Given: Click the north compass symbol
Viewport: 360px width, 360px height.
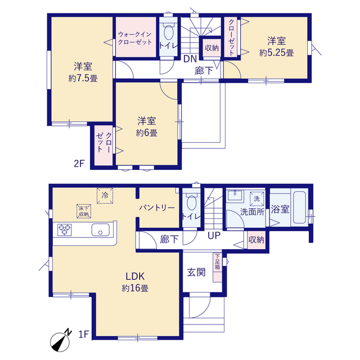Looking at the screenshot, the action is tap(60, 341).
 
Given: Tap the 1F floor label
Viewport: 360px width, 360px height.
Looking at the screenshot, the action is tap(84, 334).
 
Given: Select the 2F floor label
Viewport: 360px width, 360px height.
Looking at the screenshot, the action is tap(79, 164).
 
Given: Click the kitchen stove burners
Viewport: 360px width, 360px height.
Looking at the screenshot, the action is tap(65, 229).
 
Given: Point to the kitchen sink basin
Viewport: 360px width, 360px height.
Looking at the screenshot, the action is tap(101, 229).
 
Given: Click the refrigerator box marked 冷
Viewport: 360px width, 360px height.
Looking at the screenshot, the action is tap(105, 196).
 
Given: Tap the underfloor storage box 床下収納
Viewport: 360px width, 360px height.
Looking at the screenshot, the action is tap(84, 211).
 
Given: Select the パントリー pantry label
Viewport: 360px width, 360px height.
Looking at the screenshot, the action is tap(157, 208).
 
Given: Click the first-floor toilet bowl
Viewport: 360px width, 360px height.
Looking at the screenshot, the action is tap(192, 202).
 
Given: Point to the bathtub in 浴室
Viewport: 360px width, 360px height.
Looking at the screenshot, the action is tap(300, 208).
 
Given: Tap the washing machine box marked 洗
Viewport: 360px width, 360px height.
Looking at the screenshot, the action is tap(257, 199).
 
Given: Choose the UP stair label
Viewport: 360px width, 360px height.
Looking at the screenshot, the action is tap(214, 236).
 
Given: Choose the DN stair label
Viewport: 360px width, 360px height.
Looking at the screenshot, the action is tap(190, 59).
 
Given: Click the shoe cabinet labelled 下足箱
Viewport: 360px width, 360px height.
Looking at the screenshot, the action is tap(218, 267).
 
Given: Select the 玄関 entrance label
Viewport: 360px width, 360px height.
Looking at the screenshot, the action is tap(196, 272).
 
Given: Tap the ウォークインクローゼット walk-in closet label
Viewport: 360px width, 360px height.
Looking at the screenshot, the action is tap(135, 38).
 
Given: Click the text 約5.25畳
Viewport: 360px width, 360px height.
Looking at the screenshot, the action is tap(276, 53).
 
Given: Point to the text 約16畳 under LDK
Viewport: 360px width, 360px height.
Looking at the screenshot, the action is tap(135, 288).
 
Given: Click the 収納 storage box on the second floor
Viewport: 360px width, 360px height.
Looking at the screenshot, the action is tap(211, 48).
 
